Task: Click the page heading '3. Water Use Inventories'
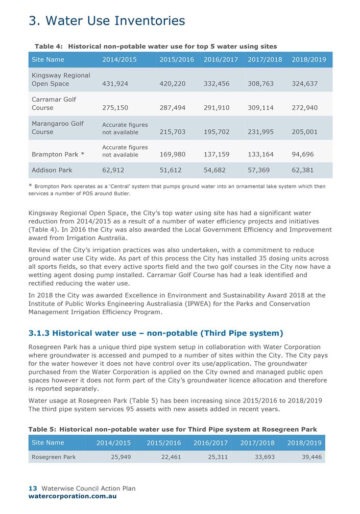point(107,21)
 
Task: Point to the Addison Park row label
point(52,170)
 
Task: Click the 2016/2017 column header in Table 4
point(221,60)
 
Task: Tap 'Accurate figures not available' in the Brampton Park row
point(125,151)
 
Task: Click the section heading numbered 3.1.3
point(156,333)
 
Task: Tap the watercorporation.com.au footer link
point(73,496)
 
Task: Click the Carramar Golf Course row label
point(54,103)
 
